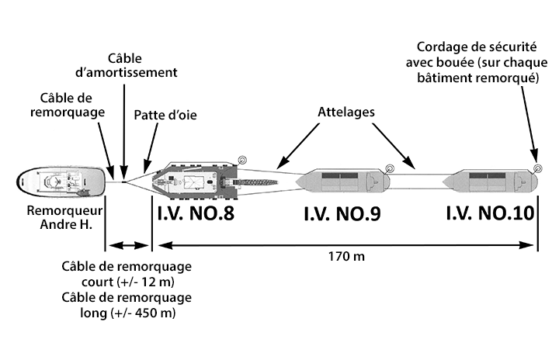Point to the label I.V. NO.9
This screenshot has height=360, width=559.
click(x=342, y=214)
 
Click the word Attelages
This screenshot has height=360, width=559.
click(x=347, y=111)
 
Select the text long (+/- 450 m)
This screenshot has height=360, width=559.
click(x=127, y=313)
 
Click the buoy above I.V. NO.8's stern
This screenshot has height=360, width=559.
click(x=241, y=161)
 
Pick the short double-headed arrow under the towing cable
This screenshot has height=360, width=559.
click(x=128, y=246)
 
